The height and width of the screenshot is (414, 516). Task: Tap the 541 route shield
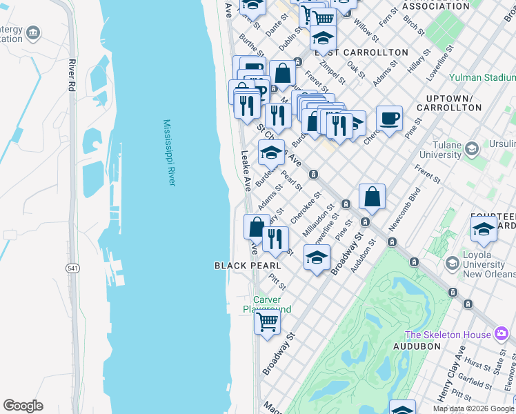point(72,267)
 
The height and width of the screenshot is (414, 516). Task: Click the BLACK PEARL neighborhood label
point(247,266)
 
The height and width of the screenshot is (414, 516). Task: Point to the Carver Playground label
point(272,304)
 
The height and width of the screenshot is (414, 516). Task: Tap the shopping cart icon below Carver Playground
point(267,322)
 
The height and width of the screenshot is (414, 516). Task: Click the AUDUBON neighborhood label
point(417,346)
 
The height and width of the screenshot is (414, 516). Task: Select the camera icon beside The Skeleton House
point(502,335)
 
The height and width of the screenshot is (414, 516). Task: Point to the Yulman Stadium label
point(482,78)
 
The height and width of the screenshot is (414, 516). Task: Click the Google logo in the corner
point(23,406)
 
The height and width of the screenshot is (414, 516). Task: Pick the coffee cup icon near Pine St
point(389,118)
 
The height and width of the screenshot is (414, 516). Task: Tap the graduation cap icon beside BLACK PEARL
point(317,259)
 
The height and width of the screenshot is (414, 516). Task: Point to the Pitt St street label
point(278,280)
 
